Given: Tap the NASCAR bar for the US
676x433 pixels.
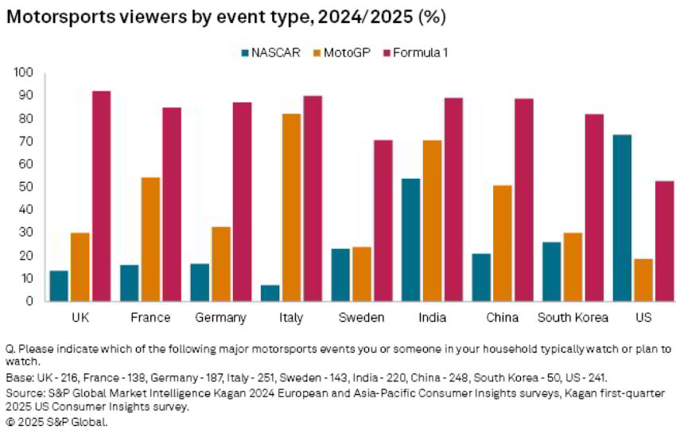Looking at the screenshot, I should click(x=624, y=218).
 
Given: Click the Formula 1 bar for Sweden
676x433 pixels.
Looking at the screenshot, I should click(x=383, y=221).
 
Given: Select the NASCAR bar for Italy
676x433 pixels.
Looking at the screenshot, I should click(x=270, y=293).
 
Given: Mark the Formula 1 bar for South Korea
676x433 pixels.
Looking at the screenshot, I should click(x=594, y=207).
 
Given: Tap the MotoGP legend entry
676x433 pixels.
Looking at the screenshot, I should click(x=344, y=52).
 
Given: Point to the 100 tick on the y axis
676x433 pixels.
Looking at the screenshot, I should click(x=23, y=72).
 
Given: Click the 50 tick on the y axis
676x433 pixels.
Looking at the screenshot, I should click(x=26, y=187).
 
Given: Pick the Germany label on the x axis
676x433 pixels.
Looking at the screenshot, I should click(x=220, y=318).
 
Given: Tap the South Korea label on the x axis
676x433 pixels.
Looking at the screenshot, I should click(x=573, y=318).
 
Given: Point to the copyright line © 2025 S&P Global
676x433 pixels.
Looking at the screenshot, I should click(x=56, y=422).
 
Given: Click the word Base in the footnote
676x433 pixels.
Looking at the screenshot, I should click(x=19, y=377).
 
